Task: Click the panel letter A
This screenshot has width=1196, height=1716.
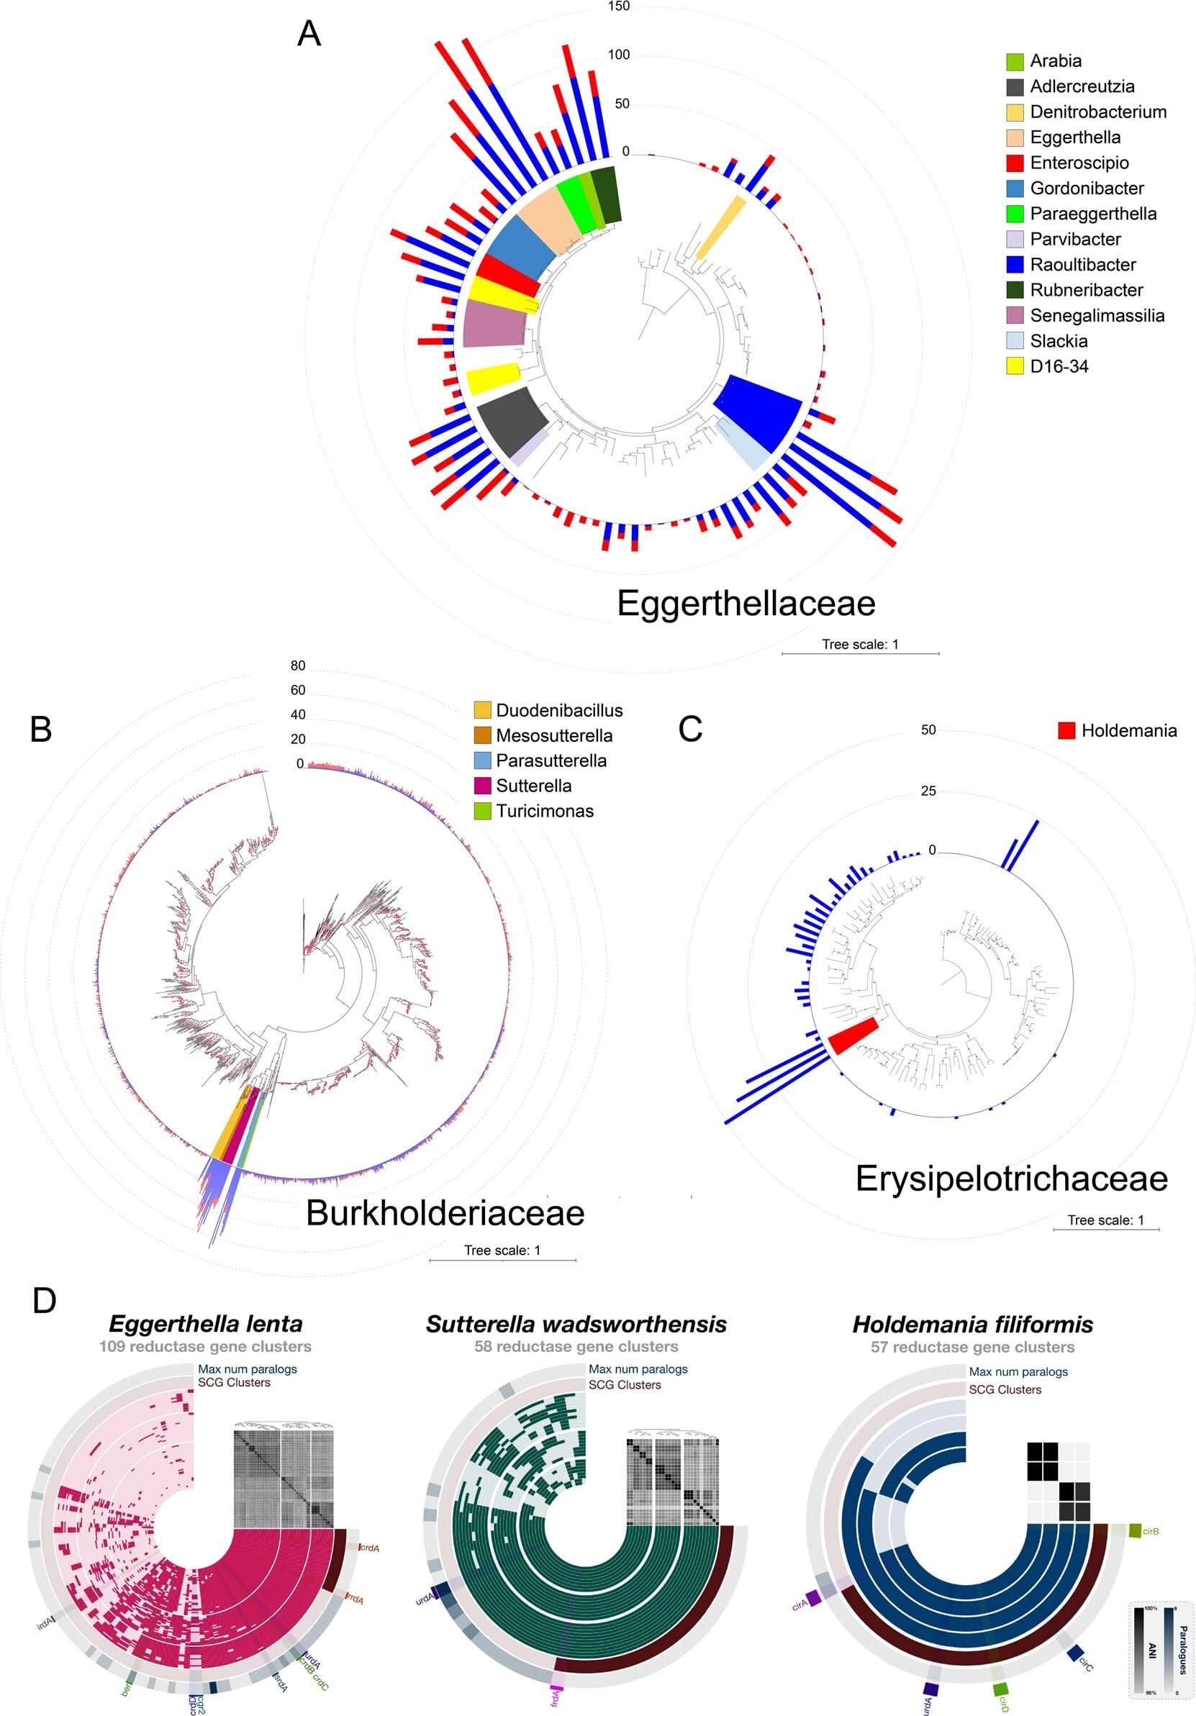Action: click(x=309, y=35)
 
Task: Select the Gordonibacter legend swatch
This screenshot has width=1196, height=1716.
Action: click(x=1015, y=189)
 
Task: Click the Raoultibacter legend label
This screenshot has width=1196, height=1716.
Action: click(x=1082, y=265)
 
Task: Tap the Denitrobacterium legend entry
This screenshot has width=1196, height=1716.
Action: click(x=1097, y=112)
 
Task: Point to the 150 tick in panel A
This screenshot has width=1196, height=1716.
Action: click(x=619, y=6)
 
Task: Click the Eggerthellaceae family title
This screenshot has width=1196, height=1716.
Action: click(x=746, y=603)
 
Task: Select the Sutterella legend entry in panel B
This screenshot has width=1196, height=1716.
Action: click(x=533, y=786)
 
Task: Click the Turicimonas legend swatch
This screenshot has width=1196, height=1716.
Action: click(x=483, y=812)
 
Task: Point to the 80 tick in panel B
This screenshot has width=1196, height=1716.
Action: click(x=297, y=666)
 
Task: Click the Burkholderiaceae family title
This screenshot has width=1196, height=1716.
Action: click(x=445, y=1212)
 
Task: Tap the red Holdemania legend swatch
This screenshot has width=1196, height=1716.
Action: click(x=1066, y=730)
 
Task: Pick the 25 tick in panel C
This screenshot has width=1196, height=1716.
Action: click(x=928, y=791)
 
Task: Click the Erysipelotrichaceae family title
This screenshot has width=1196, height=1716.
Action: click(x=1010, y=1179)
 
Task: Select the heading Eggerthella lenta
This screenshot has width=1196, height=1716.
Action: click(x=206, y=1325)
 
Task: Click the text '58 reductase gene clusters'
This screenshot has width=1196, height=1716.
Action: click(x=576, y=1347)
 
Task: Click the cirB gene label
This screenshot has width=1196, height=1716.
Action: click(x=1151, y=1531)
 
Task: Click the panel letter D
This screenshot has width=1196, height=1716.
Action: click(x=44, y=1301)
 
